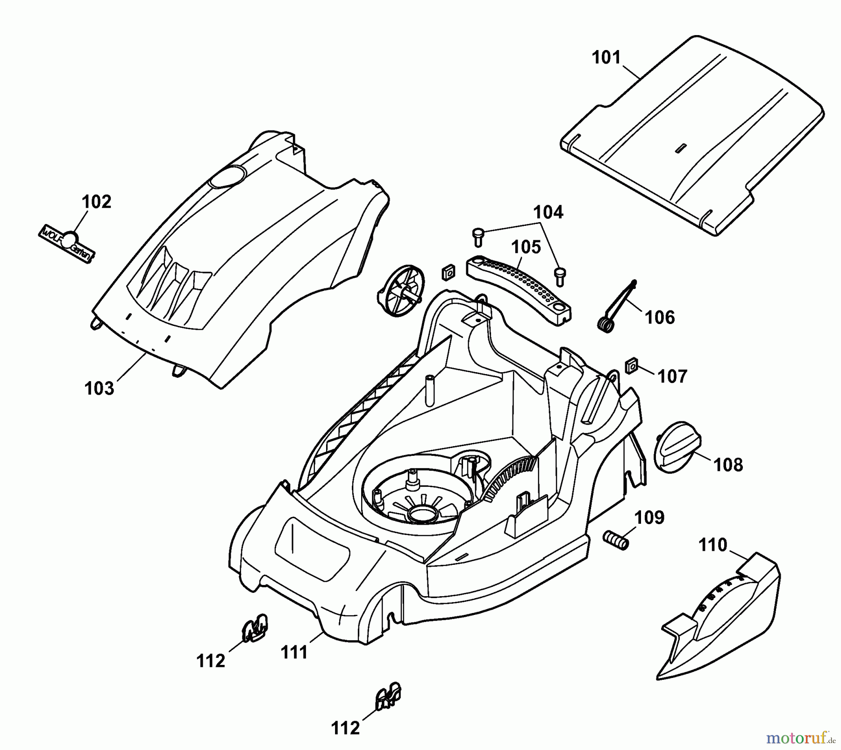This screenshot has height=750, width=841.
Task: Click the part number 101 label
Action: coord(606,58)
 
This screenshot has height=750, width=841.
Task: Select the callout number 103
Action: coord(99,389)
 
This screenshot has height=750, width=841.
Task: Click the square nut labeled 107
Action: coord(632,366)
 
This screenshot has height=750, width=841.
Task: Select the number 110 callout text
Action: coord(713,545)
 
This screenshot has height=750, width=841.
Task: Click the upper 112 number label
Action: coord(211,661)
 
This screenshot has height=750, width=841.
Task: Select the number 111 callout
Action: coord(294,652)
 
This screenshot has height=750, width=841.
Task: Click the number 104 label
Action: coord(548,212)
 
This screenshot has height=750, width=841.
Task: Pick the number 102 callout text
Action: coord(97,202)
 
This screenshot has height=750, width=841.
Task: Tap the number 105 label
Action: coord(526,247)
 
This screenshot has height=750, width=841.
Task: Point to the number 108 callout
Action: coord(728,465)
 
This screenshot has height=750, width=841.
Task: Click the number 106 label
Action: coord(660,318)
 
